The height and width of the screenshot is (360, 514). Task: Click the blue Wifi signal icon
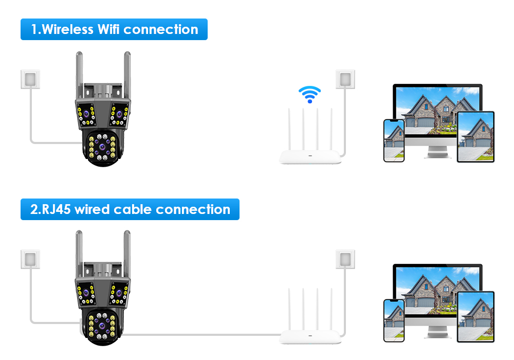[309, 95]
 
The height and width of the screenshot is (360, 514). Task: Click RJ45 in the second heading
[57, 209]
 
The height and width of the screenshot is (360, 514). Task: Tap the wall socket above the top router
[345, 79]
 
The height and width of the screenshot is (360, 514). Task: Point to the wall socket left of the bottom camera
[30, 259]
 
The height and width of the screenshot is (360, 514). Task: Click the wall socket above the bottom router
[345, 259]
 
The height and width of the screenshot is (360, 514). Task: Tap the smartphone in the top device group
[394, 140]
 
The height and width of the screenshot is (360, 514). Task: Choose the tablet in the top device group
[475, 137]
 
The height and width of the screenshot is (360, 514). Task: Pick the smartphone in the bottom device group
[394, 320]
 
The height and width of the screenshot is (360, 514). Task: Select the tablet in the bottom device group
[475, 316]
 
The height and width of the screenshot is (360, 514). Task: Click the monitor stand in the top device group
[437, 152]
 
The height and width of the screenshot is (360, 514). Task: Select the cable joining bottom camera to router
[206, 335]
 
